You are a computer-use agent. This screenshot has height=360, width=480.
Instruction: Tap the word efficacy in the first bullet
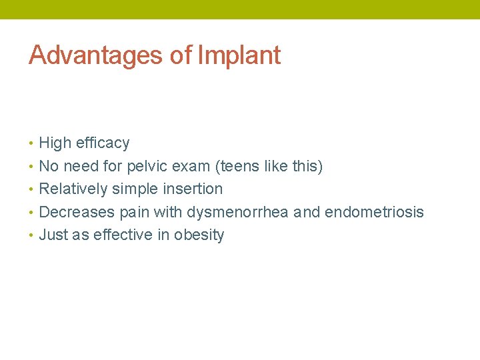(x=103, y=143)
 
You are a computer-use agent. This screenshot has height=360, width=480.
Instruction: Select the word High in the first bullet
(x=55, y=143)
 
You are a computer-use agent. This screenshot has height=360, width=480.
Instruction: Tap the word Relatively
(x=73, y=189)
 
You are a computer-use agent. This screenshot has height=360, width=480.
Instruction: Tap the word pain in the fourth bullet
(x=133, y=212)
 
